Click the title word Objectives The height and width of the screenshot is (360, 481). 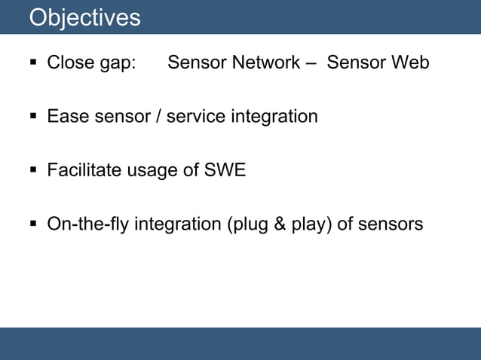point(84,17)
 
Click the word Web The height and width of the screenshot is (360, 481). point(410,63)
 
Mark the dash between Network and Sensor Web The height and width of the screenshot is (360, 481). point(311,63)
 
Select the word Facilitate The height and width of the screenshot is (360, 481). point(81,171)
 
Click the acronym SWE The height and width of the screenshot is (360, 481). point(225,171)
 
